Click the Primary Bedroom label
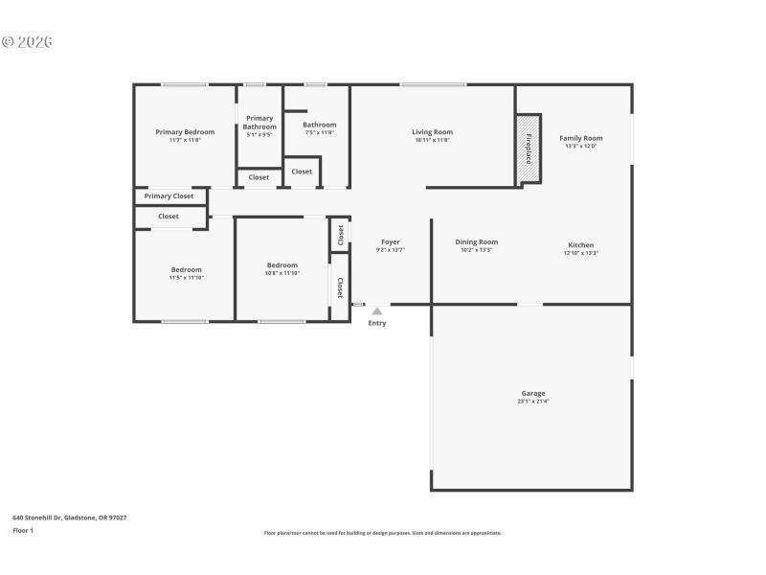pyautogui.click(x=185, y=131)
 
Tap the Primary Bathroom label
pyautogui.click(x=259, y=122)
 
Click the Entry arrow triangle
pyautogui.click(x=377, y=310)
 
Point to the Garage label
pyautogui.click(x=533, y=393)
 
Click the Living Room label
pyautogui.click(x=432, y=131)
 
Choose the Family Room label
pyautogui.click(x=581, y=138)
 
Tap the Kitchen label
pyautogui.click(x=581, y=244)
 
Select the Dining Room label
pyautogui.click(x=476, y=241)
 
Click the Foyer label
pyautogui.click(x=391, y=241)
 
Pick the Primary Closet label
pyautogui.click(x=169, y=196)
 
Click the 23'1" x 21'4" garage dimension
pyautogui.click(x=533, y=402)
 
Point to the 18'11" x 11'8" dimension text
pyautogui.click(x=432, y=140)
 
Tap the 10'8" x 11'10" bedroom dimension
pyautogui.click(x=282, y=273)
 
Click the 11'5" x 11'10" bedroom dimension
pyautogui.click(x=187, y=277)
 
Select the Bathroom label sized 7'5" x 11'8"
pyautogui.click(x=319, y=125)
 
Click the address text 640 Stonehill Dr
pyautogui.click(x=69, y=517)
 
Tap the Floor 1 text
pyautogui.click(x=23, y=530)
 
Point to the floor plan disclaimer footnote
pyautogui.click(x=383, y=533)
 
